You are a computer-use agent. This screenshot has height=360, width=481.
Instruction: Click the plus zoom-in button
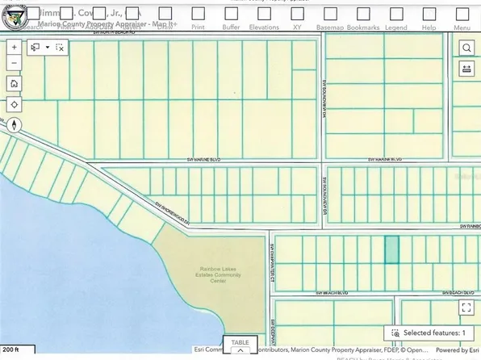click(15, 48)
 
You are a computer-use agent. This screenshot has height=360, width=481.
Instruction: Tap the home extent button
click(15, 84)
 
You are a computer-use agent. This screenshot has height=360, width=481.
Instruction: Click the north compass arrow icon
click(15, 125)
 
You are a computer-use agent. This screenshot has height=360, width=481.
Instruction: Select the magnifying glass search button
click(466, 48)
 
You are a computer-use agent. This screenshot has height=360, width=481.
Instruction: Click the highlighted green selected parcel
click(391, 249)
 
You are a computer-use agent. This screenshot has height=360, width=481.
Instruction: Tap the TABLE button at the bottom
click(240, 345)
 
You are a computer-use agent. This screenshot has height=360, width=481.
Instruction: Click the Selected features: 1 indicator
click(429, 333)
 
